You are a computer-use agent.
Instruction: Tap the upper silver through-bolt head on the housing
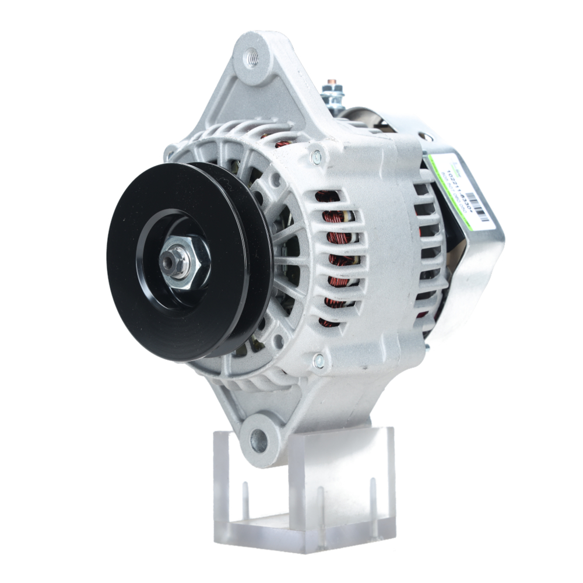click(x=317, y=155)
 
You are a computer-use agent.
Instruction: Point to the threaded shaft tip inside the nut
click(x=170, y=264)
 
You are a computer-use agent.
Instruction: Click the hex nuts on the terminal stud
click(x=333, y=93)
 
